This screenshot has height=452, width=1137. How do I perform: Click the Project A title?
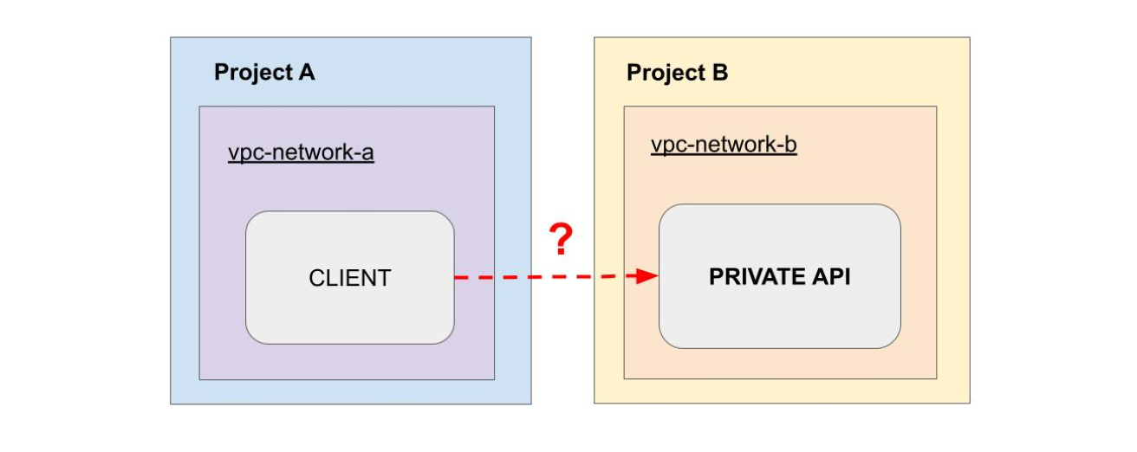click(264, 73)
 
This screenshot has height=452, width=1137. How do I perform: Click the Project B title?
click(677, 73)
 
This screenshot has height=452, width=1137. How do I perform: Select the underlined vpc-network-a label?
click(301, 153)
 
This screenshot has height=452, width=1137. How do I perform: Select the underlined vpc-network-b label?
click(724, 145)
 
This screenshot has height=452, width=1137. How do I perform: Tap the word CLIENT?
click(349, 278)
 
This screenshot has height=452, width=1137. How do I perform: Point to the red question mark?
click(561, 239)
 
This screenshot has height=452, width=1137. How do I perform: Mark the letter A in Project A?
click(306, 73)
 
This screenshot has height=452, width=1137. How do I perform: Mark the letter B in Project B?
click(720, 73)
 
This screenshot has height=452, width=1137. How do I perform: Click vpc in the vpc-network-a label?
click(243, 154)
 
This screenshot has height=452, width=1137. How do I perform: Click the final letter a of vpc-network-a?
click(368, 154)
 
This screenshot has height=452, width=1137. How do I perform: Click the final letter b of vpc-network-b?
click(791, 145)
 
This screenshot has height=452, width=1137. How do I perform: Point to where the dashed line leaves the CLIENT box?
click(456, 277)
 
